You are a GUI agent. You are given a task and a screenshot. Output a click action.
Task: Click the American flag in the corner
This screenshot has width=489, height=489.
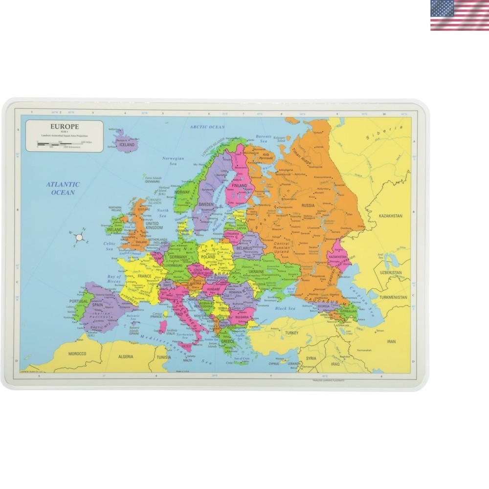tap(459, 16)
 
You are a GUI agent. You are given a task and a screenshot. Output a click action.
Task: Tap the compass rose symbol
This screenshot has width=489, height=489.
tap(79, 237)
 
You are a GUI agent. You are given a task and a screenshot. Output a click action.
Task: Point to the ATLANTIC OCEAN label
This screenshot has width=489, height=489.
tap(63, 188)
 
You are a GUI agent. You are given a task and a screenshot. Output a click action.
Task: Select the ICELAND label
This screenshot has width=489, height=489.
tap(127, 145)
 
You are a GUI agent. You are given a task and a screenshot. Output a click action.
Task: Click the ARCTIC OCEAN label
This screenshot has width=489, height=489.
tap(207, 127)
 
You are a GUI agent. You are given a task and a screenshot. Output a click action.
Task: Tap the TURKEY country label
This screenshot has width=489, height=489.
tap(292, 333)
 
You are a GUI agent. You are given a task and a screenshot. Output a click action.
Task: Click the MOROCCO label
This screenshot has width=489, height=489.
tap(77, 354)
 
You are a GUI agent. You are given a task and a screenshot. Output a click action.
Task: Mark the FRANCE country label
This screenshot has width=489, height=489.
tap(144, 276)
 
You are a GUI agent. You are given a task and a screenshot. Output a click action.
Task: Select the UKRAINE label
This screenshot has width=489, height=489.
tap(256, 271)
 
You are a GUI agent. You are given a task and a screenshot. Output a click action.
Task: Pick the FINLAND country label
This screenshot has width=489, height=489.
tap(239, 186)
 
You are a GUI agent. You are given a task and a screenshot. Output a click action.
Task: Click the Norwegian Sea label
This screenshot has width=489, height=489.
tap(174, 161)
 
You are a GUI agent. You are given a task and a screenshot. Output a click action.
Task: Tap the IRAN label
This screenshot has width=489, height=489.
tap(391, 341)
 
